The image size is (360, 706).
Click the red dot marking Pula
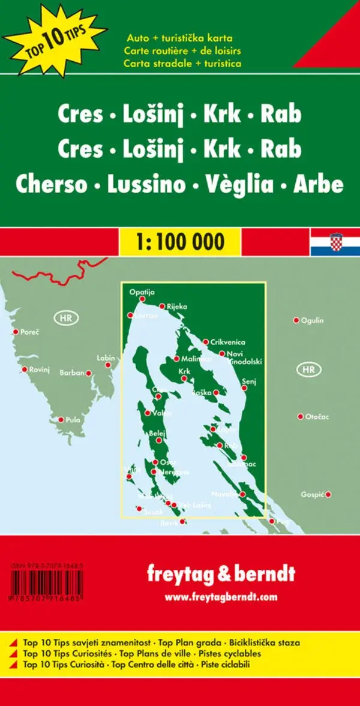[x=61, y=420]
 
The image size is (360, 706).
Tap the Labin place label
[x=105, y=358]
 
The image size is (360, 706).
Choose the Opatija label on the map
[x=142, y=292]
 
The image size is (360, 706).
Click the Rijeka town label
[x=177, y=307]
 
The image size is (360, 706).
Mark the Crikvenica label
[x=227, y=342]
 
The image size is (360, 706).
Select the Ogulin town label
[x=312, y=320]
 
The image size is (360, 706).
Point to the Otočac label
[x=317, y=416]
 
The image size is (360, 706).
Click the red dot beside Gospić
[x=328, y=495]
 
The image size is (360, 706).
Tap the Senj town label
[x=248, y=381]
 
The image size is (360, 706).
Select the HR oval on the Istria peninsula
[x=65, y=318]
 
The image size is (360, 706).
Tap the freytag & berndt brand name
[x=221, y=574]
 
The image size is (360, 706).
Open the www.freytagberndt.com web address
[x=221, y=597]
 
